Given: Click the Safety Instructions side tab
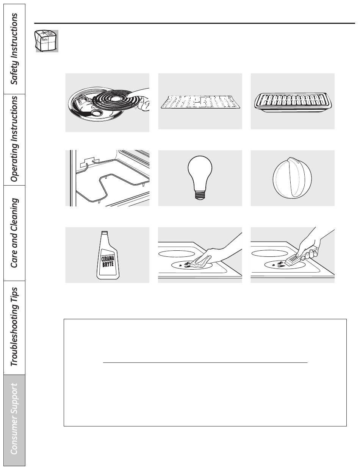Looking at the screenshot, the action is pyautogui.click(x=14, y=49).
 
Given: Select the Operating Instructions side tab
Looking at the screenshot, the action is pyautogui.click(x=14, y=139).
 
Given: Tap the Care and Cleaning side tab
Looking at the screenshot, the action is pyautogui.click(x=14, y=233).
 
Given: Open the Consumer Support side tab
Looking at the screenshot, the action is pyautogui.click(x=14, y=420).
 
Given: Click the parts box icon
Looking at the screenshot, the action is pyautogui.click(x=47, y=41).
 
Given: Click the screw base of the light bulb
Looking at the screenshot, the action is pyautogui.click(x=200, y=194).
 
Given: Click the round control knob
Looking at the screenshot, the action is pyautogui.click(x=292, y=178).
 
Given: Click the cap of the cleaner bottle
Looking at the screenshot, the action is pyautogui.click(x=105, y=233).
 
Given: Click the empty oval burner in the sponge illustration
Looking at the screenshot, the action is pyautogui.click(x=176, y=253).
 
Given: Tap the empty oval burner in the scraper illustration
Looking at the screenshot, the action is pyautogui.click(x=269, y=253).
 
